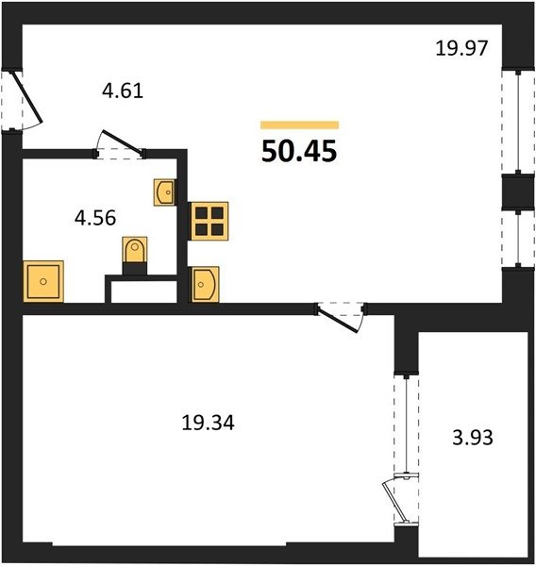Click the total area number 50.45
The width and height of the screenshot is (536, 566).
click(x=299, y=151)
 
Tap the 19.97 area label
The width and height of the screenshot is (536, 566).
click(x=461, y=48)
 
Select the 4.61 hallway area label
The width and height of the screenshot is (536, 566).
click(x=123, y=91)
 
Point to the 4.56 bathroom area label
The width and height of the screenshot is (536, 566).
click(x=95, y=218)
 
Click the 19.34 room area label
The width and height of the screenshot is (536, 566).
click(x=208, y=423)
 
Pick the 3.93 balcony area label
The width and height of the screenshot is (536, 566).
click(x=473, y=437)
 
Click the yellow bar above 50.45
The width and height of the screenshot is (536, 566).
click(x=300, y=125)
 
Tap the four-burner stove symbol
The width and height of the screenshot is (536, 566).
click(x=209, y=221)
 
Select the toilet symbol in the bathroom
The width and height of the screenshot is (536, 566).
click(x=135, y=250)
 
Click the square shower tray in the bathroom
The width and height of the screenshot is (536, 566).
click(x=43, y=281)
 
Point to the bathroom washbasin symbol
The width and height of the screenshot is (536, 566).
click(x=165, y=192)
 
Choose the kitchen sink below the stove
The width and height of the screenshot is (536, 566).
click(x=205, y=285)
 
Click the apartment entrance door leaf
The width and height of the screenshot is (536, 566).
click(x=28, y=97)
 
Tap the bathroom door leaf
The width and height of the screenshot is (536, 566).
click(x=123, y=141)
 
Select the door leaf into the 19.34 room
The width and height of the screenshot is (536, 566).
click(x=338, y=320)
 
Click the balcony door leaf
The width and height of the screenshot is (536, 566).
click(x=395, y=502)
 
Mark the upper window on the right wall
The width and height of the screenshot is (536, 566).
click(x=518, y=121)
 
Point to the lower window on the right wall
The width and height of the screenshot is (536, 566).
click(x=518, y=239)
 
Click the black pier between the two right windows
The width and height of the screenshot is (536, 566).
click(x=518, y=191)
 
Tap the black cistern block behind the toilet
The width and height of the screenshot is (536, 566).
click(x=135, y=269)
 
